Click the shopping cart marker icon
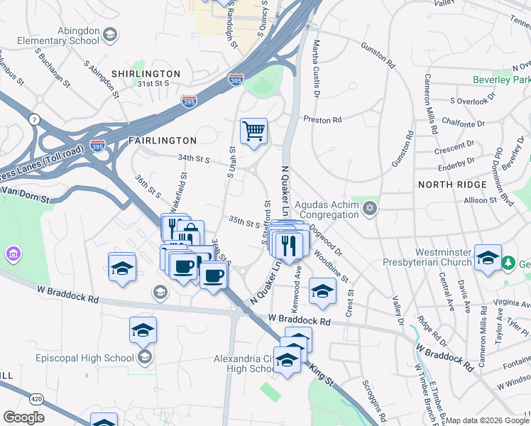pyautogui.click(x=253, y=131)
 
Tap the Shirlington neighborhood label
pyautogui.click(x=145, y=74)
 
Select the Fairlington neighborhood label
pyautogui.click(x=162, y=141)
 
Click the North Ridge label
pyautogui.click(x=452, y=184)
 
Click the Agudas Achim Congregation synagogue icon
pyautogui.click(x=368, y=209)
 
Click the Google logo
pyautogui.click(x=23, y=417)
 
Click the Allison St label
pyautogui.click(x=480, y=201)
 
